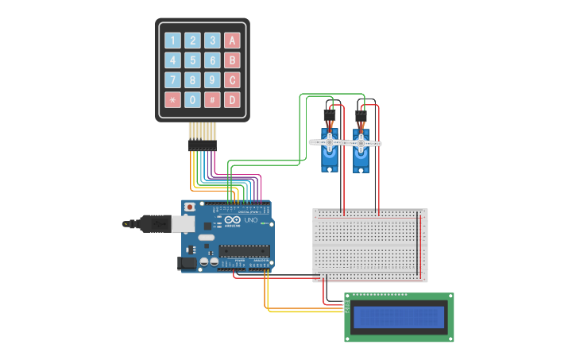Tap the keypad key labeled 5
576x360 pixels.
click(192, 60)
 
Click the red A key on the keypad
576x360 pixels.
click(232, 41)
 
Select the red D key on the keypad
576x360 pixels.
click(232, 100)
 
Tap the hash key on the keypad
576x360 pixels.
click(212, 100)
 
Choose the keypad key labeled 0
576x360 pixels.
click(192, 100)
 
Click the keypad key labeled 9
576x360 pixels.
click(212, 80)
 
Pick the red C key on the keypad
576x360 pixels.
click(232, 80)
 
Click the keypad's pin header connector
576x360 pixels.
click(202, 145)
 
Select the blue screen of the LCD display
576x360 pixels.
click(399, 317)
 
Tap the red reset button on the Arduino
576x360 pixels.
click(189, 207)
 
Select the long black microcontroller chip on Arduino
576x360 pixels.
click(244, 251)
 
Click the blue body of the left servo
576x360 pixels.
click(329, 159)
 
